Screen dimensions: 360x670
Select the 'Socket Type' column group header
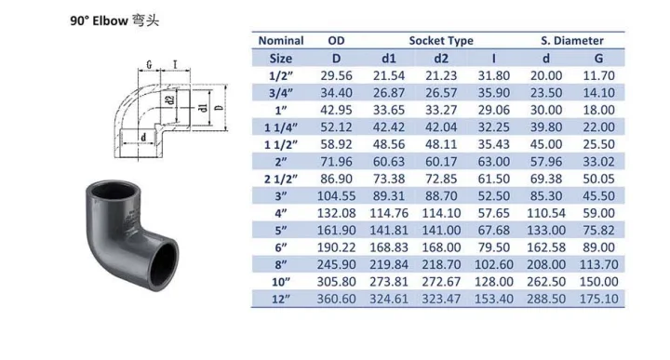(441, 41)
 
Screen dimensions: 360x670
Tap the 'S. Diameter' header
(572, 41)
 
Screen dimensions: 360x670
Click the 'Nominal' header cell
(280, 41)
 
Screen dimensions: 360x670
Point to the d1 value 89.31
(391, 194)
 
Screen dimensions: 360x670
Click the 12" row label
(280, 298)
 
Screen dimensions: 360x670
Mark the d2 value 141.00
(442, 229)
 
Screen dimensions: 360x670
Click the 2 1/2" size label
(280, 178)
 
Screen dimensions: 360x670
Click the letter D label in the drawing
(219, 109)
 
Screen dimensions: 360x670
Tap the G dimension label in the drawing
(150, 65)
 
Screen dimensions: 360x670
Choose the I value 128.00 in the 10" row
(494, 281)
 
